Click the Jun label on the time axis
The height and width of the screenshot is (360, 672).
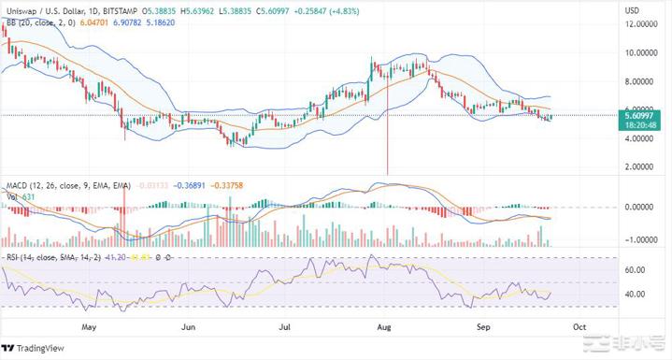[189, 328]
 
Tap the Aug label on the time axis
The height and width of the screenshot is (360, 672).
[380, 328]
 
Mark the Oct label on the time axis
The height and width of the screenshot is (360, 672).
[579, 328]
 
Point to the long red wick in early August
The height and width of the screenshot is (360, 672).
[387, 140]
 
